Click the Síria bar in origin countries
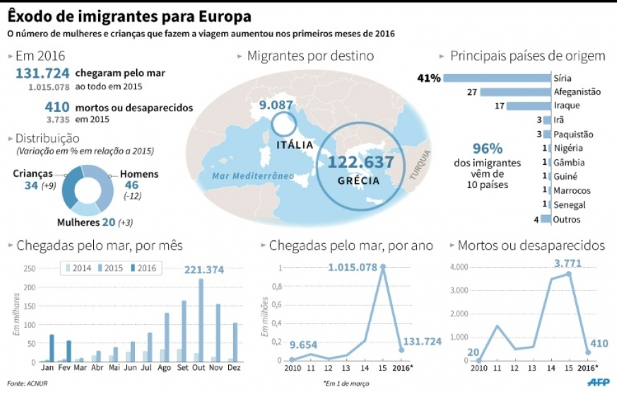coord(497,78)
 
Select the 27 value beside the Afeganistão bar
coord(472,91)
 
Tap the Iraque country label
coord(566,106)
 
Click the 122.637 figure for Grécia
coord(361,163)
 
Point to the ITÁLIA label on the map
coord(295,146)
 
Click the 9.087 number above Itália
coord(276,106)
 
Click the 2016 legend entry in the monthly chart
coord(143,267)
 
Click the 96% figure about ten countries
coord(487,148)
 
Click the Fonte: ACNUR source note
coord(26,383)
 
